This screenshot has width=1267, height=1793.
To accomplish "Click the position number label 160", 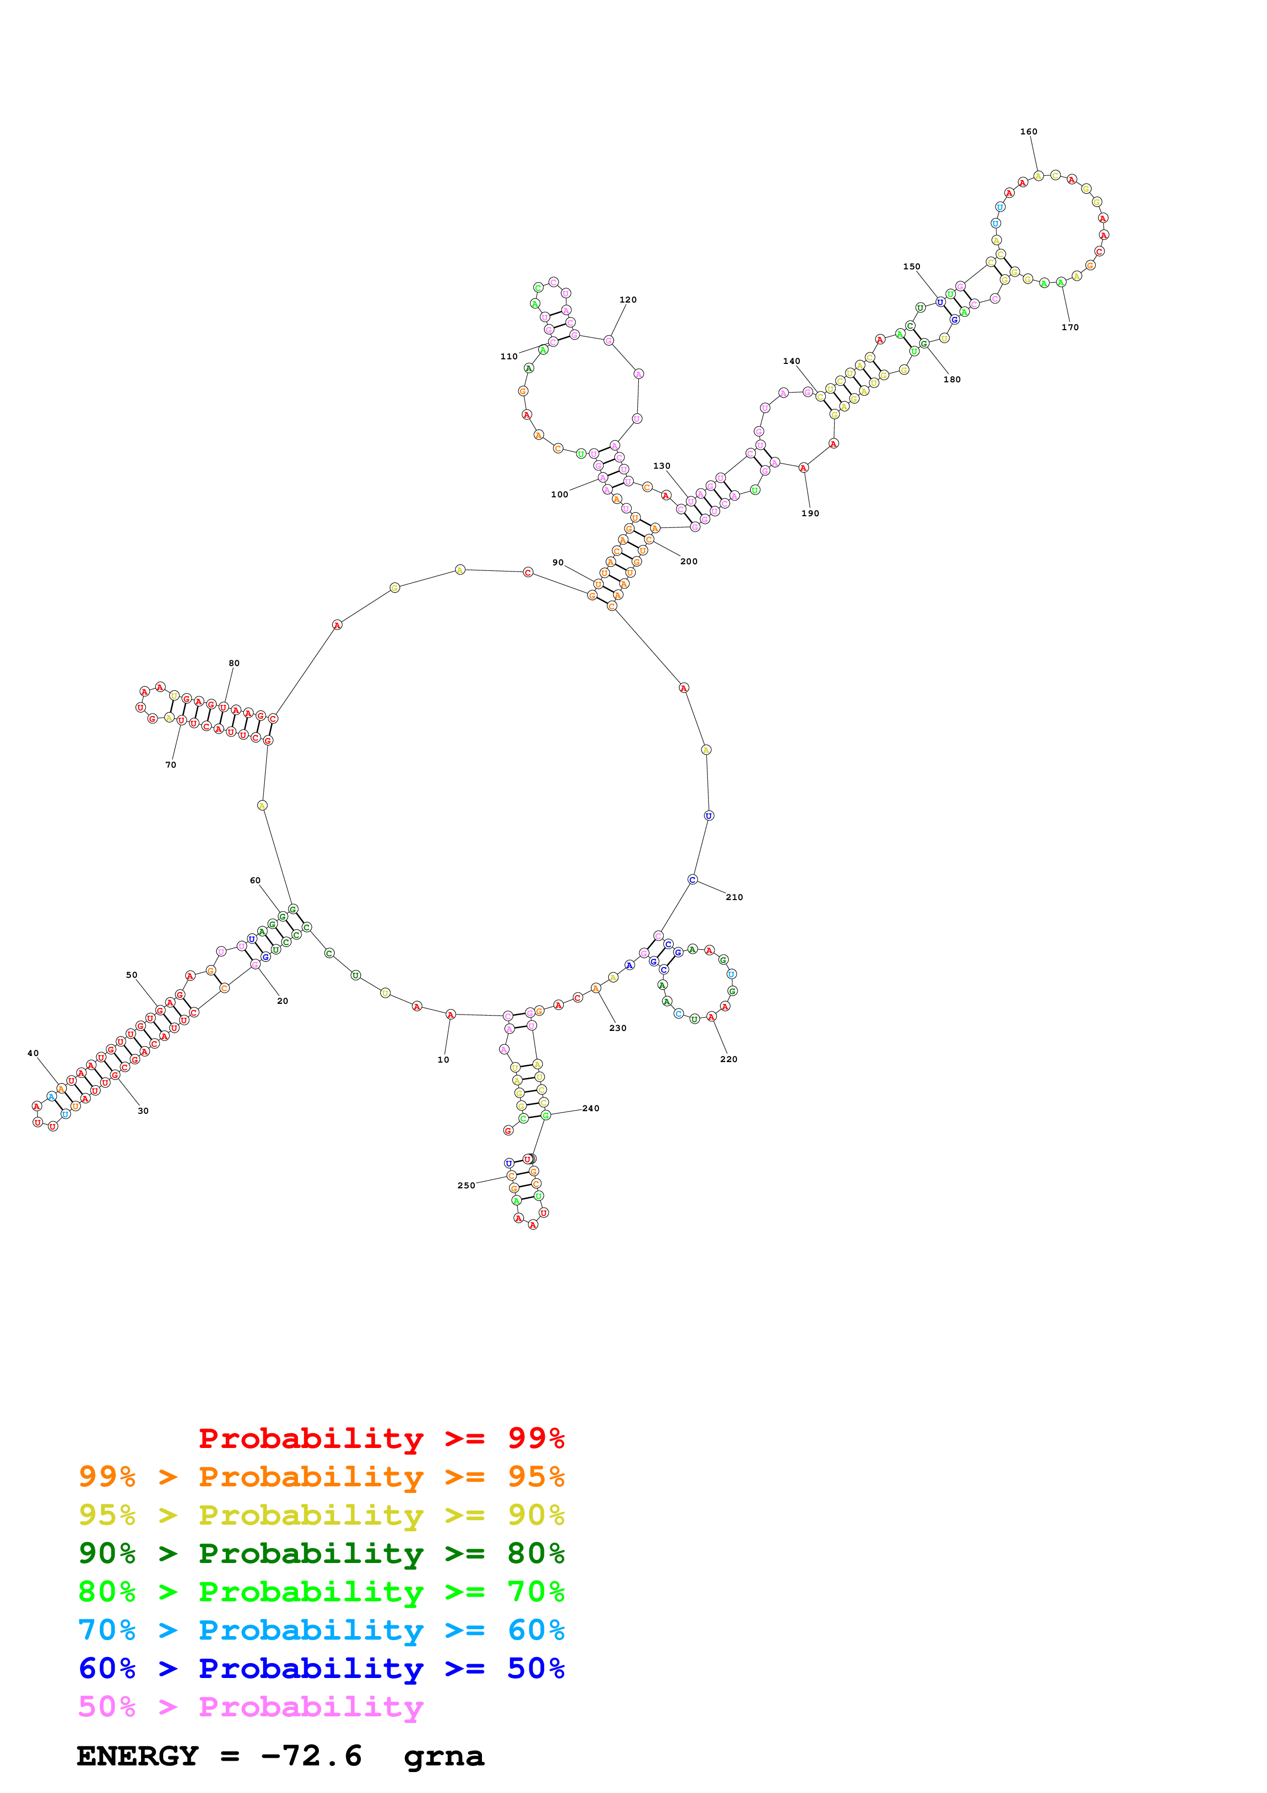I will [x=1028, y=131].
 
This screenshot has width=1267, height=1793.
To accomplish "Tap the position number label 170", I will [x=1070, y=327].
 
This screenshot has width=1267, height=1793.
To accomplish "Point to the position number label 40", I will [x=33, y=1053].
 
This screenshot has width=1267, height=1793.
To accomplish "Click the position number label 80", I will [x=234, y=663].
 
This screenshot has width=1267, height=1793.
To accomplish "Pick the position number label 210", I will [x=734, y=898].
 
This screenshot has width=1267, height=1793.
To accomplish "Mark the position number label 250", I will [x=466, y=1185].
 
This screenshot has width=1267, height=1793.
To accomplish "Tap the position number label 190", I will [x=810, y=513].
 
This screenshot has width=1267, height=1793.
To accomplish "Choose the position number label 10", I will [x=444, y=1060].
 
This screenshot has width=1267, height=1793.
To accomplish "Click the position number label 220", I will [x=728, y=1059].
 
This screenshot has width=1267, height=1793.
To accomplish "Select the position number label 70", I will [x=170, y=765].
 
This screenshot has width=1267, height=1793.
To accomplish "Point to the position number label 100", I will [x=560, y=494].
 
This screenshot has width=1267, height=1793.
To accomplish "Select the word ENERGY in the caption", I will [x=137, y=1756].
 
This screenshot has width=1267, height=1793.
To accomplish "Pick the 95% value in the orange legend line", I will [x=536, y=1476].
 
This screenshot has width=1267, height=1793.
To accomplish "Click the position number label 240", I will [x=590, y=1108].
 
